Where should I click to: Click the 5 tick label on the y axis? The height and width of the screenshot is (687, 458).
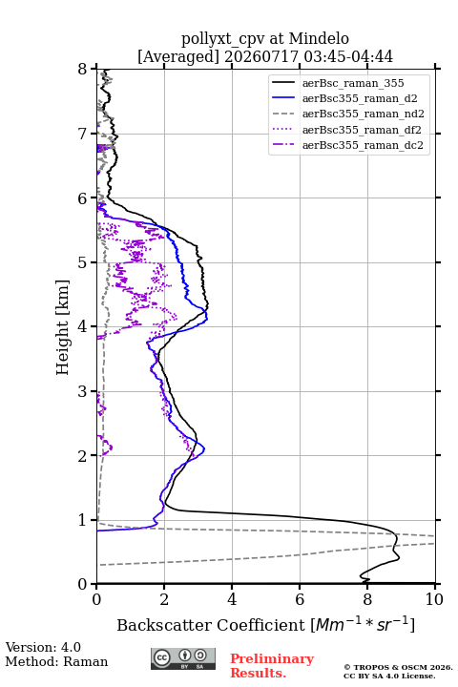tap(83, 262)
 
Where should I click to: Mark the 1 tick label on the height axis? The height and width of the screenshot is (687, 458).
tap(83, 520)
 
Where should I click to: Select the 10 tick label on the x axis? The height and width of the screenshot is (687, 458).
tap(434, 599)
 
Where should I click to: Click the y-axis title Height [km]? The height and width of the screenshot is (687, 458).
tap(63, 327)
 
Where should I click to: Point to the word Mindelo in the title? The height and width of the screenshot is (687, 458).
tap(319, 38)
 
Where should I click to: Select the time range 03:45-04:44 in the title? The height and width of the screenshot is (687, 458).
tap(347, 56)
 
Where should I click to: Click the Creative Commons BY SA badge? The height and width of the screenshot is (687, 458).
tap(183, 658)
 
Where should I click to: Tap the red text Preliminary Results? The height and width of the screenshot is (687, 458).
tap(272, 666)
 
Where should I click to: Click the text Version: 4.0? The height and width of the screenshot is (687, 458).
tap(43, 647)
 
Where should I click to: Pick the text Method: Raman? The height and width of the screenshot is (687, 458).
tap(56, 661)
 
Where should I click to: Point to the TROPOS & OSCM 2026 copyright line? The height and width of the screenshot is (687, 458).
tap(398, 667)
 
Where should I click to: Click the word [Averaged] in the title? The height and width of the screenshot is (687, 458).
tap(177, 56)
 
